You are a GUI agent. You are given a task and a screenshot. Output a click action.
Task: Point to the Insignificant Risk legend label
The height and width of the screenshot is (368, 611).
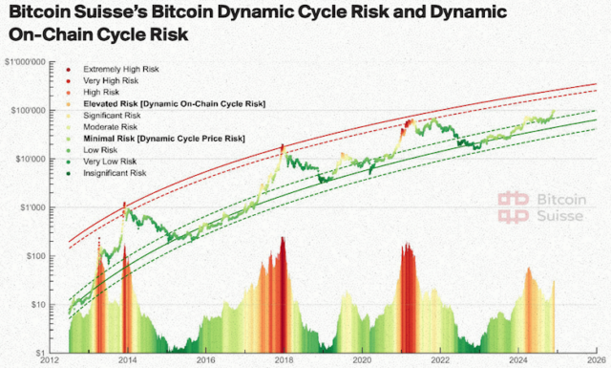coord(115,173)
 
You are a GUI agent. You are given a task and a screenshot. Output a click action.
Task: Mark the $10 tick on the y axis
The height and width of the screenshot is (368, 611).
coord(39,305)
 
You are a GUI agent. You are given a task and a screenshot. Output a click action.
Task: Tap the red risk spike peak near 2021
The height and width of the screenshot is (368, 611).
coord(409,247)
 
